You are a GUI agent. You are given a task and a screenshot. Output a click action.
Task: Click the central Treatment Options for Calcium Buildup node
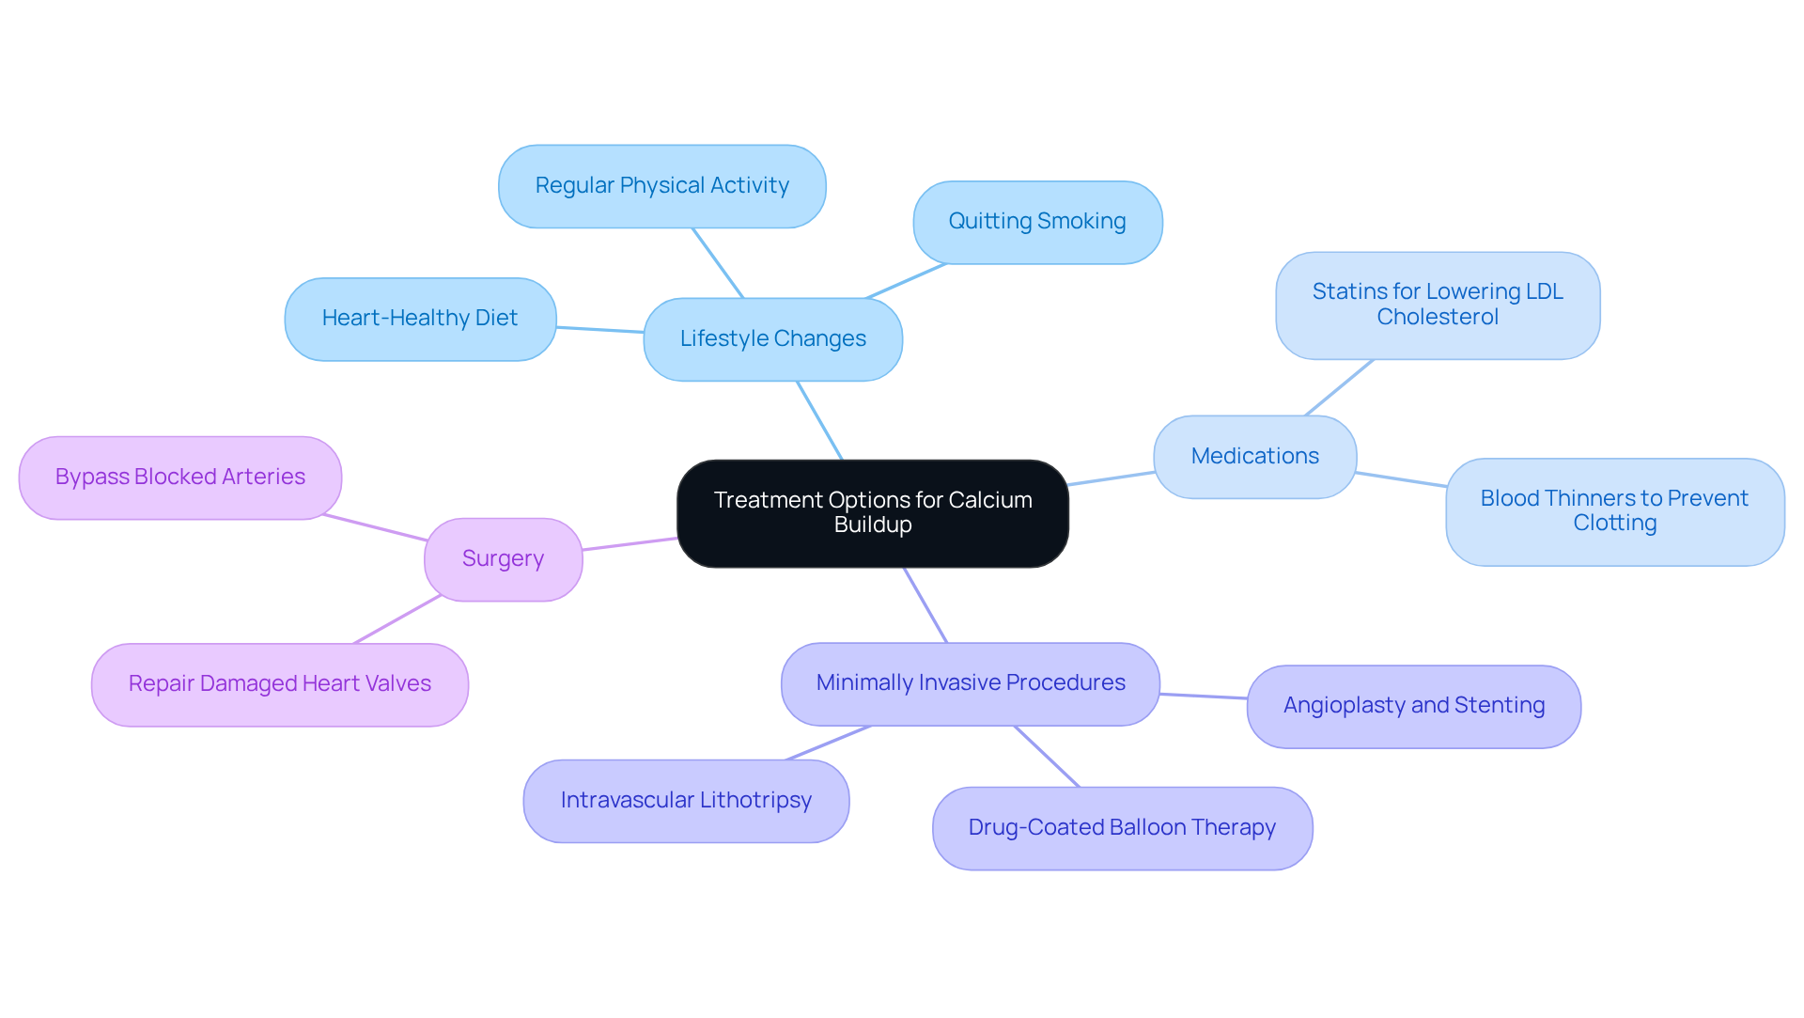tap(872, 513)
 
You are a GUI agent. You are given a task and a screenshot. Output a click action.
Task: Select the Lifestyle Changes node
tap(772, 339)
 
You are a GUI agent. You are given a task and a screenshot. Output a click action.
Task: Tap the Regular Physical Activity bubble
tap(661, 186)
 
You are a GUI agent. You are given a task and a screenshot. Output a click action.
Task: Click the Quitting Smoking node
tap(1036, 222)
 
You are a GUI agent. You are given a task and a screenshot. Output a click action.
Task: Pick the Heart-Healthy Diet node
tap(419, 319)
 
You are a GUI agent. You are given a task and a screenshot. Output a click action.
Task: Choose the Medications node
tap(1254, 457)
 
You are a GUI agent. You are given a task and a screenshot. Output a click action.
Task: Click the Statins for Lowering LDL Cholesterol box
tap(1437, 305)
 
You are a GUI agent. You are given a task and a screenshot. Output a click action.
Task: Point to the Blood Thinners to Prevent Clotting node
tap(1613, 511)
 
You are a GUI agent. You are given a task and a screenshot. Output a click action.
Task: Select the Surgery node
tap(503, 559)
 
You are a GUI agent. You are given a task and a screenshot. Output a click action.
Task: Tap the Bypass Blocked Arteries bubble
tap(179, 478)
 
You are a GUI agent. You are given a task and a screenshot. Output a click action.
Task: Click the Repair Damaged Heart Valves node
tap(279, 684)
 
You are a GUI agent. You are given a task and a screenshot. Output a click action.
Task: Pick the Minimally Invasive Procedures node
tap(970, 683)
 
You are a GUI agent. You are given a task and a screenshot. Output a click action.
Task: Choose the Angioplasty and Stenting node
tap(1413, 706)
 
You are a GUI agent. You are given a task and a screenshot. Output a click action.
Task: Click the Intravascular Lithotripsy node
tap(686, 801)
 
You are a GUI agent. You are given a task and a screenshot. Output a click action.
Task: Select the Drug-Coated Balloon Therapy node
tap(1122, 828)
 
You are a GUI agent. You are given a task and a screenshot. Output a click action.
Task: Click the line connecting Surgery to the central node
tap(630, 544)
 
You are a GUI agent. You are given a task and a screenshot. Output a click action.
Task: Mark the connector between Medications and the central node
tap(1111, 478)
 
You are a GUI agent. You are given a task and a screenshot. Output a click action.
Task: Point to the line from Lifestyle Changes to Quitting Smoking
tap(906, 281)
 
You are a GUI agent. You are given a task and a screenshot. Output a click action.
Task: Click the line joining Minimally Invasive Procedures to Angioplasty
tap(1203, 697)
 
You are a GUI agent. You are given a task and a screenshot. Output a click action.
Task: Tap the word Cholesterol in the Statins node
tap(1438, 318)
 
